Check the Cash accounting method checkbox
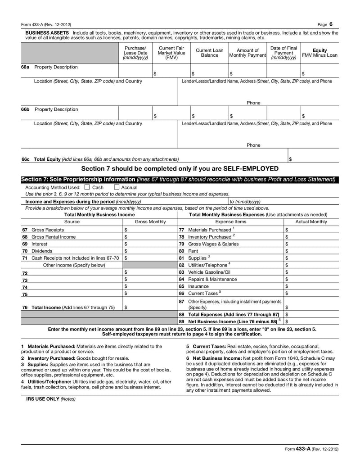pyautogui.click(x=87, y=187)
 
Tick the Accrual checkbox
pyautogui.click(x=116, y=187)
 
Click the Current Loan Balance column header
pyautogui.click(x=209, y=53)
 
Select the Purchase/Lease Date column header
pyautogui.click(x=135, y=53)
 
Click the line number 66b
pyautogui.click(x=26, y=109)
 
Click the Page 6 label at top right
pyautogui.click(x=324, y=24)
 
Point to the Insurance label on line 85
pyautogui.click(x=198, y=286)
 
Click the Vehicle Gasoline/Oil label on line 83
pyautogui.click(x=209, y=272)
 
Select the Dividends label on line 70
pyautogui.click(x=42, y=251)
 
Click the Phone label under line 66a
pyautogui.click(x=253, y=103)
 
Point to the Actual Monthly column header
pyautogui.click(x=311, y=222)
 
